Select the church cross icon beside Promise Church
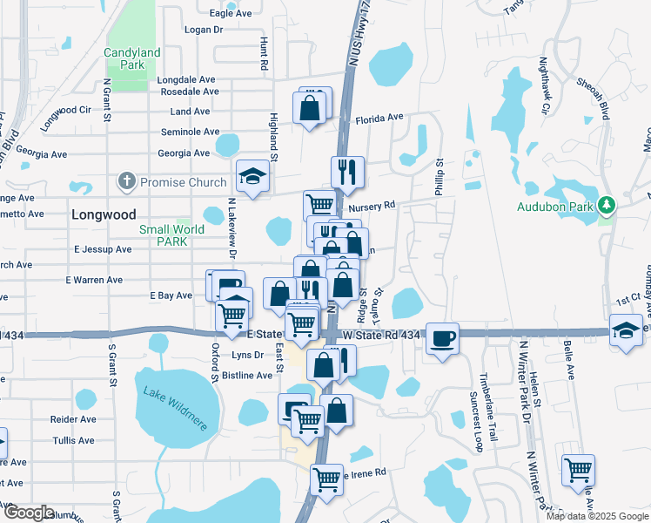pos(126,182)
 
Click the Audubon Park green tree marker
pos(607,207)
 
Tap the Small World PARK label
pos(171,236)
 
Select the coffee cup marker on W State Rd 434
pos(442,338)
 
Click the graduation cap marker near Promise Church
pos(252,177)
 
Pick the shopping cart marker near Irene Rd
pos(326,478)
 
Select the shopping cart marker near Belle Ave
pos(578,471)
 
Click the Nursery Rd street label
pos(372,207)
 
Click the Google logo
pos(28,513)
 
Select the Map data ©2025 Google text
pos(596,516)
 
